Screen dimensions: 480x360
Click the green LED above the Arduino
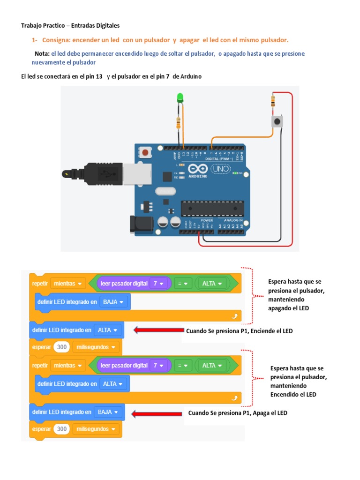pyautogui.click(x=180, y=98)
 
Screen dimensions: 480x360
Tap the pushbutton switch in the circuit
pyautogui.click(x=278, y=122)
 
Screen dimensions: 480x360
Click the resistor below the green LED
pyautogui.click(x=178, y=123)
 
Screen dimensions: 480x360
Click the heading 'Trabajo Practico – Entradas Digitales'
pyautogui.click(x=71, y=25)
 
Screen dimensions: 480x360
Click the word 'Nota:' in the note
pyautogui.click(x=42, y=54)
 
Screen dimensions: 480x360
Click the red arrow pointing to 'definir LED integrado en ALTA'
pyautogui.click(x=158, y=330)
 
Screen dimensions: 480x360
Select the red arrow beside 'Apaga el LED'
pyautogui.click(x=157, y=413)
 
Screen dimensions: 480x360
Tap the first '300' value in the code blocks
pyautogui.click(x=61, y=347)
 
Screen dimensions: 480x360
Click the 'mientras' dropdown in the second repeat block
pyautogui.click(x=68, y=365)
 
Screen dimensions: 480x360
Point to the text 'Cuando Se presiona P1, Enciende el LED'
pyautogui.click(x=239, y=331)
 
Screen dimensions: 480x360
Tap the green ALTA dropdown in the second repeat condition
pyautogui.click(x=211, y=365)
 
